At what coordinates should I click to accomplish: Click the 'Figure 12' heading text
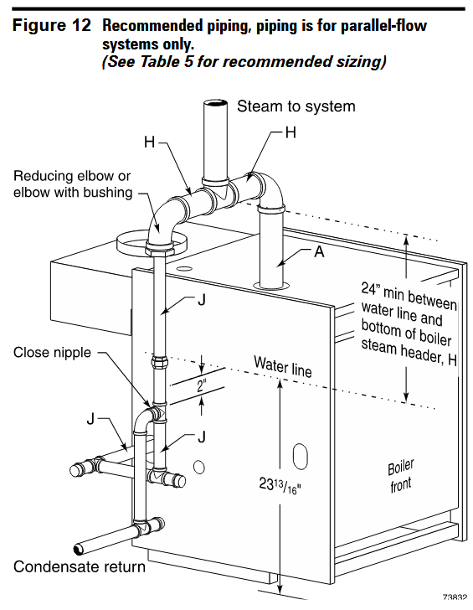pyautogui.click(x=52, y=26)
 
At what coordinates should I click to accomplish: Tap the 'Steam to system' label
pyautogui.click(x=296, y=106)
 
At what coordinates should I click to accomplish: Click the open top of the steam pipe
pyautogui.click(x=216, y=104)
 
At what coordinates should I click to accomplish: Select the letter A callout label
pyautogui.click(x=319, y=251)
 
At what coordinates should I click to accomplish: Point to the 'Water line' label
pyautogui.click(x=283, y=366)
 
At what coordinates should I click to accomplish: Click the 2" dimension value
pyautogui.click(x=201, y=386)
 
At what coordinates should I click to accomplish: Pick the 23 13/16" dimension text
pyautogui.click(x=280, y=485)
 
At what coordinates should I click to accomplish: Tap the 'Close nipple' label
pyautogui.click(x=52, y=353)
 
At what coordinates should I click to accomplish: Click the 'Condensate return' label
pyautogui.click(x=80, y=566)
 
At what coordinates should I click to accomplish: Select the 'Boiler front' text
pyautogui.click(x=401, y=476)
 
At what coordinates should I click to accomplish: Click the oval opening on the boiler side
pyautogui.click(x=300, y=457)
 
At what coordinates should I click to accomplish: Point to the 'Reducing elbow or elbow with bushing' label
pyautogui.click(x=73, y=184)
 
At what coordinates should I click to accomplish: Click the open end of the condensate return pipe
pyautogui.click(x=79, y=549)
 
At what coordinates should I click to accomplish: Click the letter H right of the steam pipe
pyautogui.click(x=290, y=132)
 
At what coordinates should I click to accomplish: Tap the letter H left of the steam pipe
pyautogui.click(x=150, y=142)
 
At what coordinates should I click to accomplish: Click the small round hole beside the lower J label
pyautogui.click(x=199, y=468)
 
